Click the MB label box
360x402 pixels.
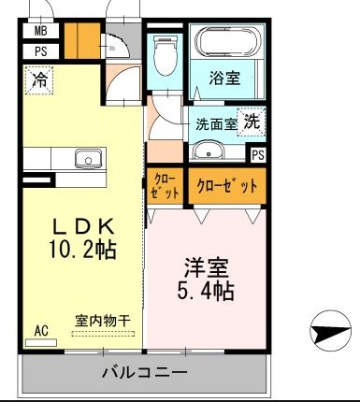[41, 31]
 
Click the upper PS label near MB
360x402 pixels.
[41, 51]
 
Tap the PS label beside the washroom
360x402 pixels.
[257, 154]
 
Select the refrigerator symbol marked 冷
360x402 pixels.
[40, 81]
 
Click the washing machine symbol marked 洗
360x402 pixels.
[251, 121]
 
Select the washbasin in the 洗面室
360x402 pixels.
[209, 151]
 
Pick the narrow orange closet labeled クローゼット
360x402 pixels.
[160, 186]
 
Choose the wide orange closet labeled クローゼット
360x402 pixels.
[227, 185]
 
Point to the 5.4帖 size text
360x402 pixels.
[208, 291]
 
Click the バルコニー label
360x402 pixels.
[144, 373]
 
